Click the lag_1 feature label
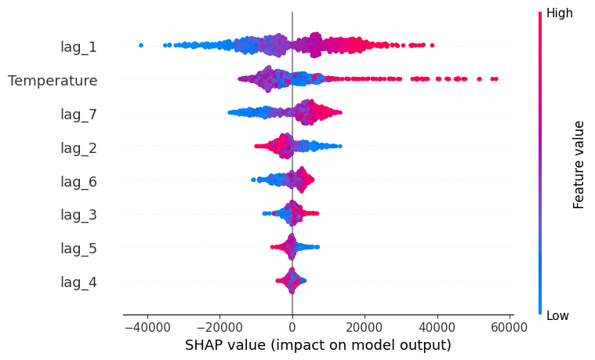tap(78, 47)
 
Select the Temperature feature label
tap(53, 81)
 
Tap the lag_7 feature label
tap(78, 115)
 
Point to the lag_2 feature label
tap(78, 147)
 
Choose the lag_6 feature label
tap(78, 181)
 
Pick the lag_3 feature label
tap(78, 215)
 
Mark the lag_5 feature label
tap(78, 249)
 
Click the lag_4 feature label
tap(78, 282)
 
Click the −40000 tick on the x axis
tap(147, 327)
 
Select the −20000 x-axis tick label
tap(219, 327)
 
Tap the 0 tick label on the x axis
tap(292, 327)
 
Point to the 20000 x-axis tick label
tap(365, 327)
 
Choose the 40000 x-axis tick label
tap(437, 327)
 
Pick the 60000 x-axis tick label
tap(510, 327)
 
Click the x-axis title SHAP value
tap(318, 345)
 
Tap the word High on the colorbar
tap(559, 13)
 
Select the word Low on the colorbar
tap(557, 315)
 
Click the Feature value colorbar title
tap(579, 165)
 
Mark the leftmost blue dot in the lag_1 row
tap(141, 45)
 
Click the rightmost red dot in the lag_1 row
tap(432, 45)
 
